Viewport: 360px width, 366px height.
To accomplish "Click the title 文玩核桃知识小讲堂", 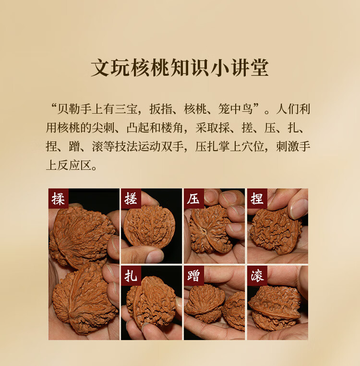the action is (180, 68).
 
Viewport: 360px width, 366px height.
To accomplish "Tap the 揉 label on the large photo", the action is (59, 199).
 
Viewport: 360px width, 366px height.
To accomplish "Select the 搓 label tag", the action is (131, 199).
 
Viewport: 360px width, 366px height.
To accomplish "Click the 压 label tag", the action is (193, 199).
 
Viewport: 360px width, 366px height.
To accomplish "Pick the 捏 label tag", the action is (257, 199).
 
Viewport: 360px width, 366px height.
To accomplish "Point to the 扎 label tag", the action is (131, 276).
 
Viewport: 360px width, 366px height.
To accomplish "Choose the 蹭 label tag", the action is (193, 276).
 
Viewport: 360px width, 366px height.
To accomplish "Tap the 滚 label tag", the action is (257, 276).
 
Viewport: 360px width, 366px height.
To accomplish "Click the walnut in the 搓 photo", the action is (149, 226).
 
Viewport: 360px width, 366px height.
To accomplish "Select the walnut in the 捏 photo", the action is (275, 231).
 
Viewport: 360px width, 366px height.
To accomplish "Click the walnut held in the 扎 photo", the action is (151, 301).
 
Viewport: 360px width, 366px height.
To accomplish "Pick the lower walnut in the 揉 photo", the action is (84, 299).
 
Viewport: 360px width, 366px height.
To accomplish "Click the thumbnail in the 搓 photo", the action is (155, 256).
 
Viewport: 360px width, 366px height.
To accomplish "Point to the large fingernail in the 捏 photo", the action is (298, 209).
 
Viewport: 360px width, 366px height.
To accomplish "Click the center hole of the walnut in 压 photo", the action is (204, 232).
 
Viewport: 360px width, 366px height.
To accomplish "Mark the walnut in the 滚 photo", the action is (275, 307).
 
